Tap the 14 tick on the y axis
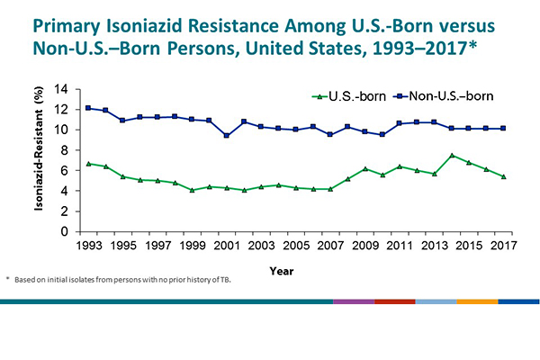click(62, 89)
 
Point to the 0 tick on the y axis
click(66, 231)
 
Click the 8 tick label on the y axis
click(66, 150)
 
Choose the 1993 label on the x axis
click(88, 245)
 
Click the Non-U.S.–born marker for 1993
click(88, 108)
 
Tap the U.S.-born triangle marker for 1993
click(88, 164)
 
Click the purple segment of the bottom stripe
click(353, 301)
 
